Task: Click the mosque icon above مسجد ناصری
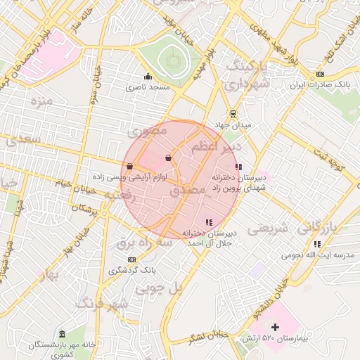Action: tap(147, 77)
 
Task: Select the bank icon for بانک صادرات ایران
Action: tap(321, 74)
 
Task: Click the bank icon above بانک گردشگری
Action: tap(132, 259)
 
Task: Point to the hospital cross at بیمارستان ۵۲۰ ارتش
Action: tap(275, 327)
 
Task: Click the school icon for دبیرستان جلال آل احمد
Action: tap(208, 222)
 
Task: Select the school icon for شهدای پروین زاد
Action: tap(238, 167)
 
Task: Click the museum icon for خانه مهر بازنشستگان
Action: tap(62, 333)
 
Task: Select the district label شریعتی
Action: tap(271, 228)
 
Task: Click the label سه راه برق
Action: tap(144, 243)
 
